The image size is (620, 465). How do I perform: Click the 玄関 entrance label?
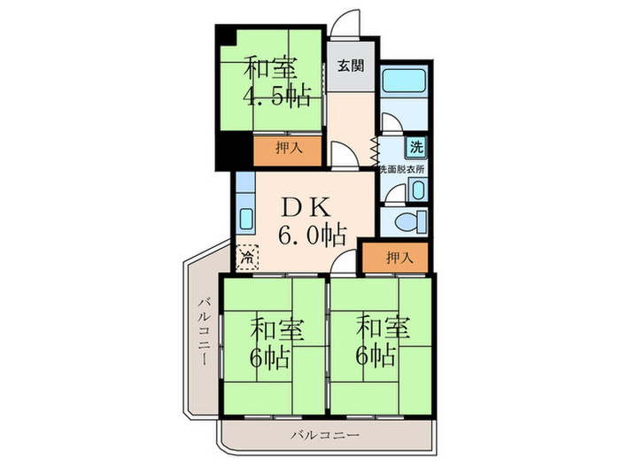click(x=351, y=66)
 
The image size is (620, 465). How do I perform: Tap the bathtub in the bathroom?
click(x=404, y=80)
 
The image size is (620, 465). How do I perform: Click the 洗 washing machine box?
click(x=416, y=147)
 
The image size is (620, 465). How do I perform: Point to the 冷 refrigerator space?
click(x=247, y=258)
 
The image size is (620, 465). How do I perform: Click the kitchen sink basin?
click(x=246, y=218)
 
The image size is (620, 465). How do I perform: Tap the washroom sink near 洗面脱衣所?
click(x=418, y=190)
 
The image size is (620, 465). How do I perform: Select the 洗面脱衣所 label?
click(x=402, y=169)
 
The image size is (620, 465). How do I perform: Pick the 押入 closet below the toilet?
click(x=395, y=258)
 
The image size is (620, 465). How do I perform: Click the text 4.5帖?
click(x=276, y=96)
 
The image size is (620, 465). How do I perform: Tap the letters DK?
click(x=306, y=207)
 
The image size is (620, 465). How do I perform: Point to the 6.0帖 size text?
click(x=312, y=235)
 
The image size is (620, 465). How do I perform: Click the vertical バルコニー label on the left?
click(x=204, y=331)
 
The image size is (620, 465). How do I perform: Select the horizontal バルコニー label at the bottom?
click(x=325, y=436)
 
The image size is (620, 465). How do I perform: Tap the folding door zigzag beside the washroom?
click(x=375, y=151)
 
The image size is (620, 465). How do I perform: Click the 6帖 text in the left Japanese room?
click(x=269, y=357)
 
